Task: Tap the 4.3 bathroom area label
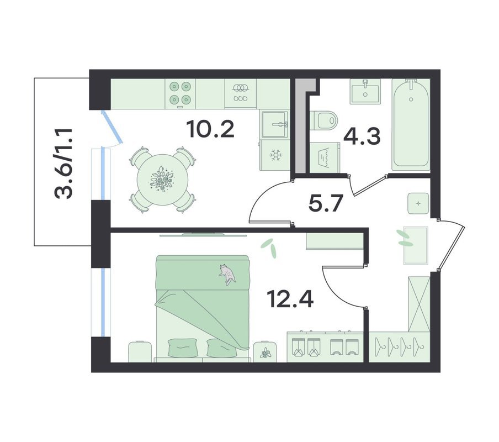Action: click(x=362, y=136)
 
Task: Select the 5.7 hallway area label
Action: click(x=326, y=203)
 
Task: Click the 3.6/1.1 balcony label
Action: click(x=64, y=164)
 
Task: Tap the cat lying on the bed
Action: click(x=227, y=275)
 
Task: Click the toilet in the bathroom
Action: click(x=323, y=120)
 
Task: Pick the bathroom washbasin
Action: click(x=365, y=91)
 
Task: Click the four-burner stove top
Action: click(x=180, y=93)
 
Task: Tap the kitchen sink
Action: click(x=275, y=124)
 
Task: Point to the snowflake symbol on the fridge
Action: click(x=275, y=155)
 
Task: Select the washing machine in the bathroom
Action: click(x=325, y=157)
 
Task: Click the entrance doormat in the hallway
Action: click(x=416, y=245)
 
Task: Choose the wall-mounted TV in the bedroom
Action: click(x=203, y=235)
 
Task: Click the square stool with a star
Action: click(x=418, y=203)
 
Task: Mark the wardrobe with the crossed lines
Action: click(x=419, y=304)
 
